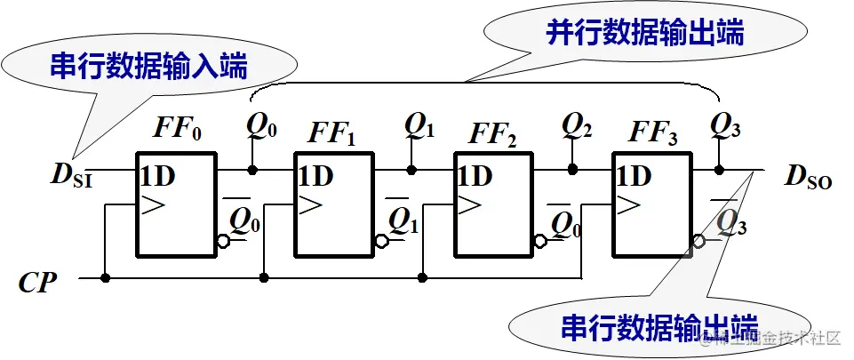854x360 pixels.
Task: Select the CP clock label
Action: [x=38, y=284]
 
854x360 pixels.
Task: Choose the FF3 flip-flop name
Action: [x=653, y=133]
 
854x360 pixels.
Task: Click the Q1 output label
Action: [x=419, y=126]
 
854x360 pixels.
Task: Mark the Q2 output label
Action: [x=577, y=126]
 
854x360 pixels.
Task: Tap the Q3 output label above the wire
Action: [x=726, y=126]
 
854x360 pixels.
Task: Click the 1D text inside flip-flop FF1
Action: [x=315, y=176]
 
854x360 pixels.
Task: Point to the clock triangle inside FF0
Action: [x=153, y=206]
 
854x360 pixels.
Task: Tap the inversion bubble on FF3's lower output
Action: [x=699, y=241]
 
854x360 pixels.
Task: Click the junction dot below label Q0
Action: [x=253, y=169]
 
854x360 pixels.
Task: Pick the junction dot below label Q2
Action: [x=572, y=169]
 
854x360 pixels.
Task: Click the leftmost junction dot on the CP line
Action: [x=106, y=278]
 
